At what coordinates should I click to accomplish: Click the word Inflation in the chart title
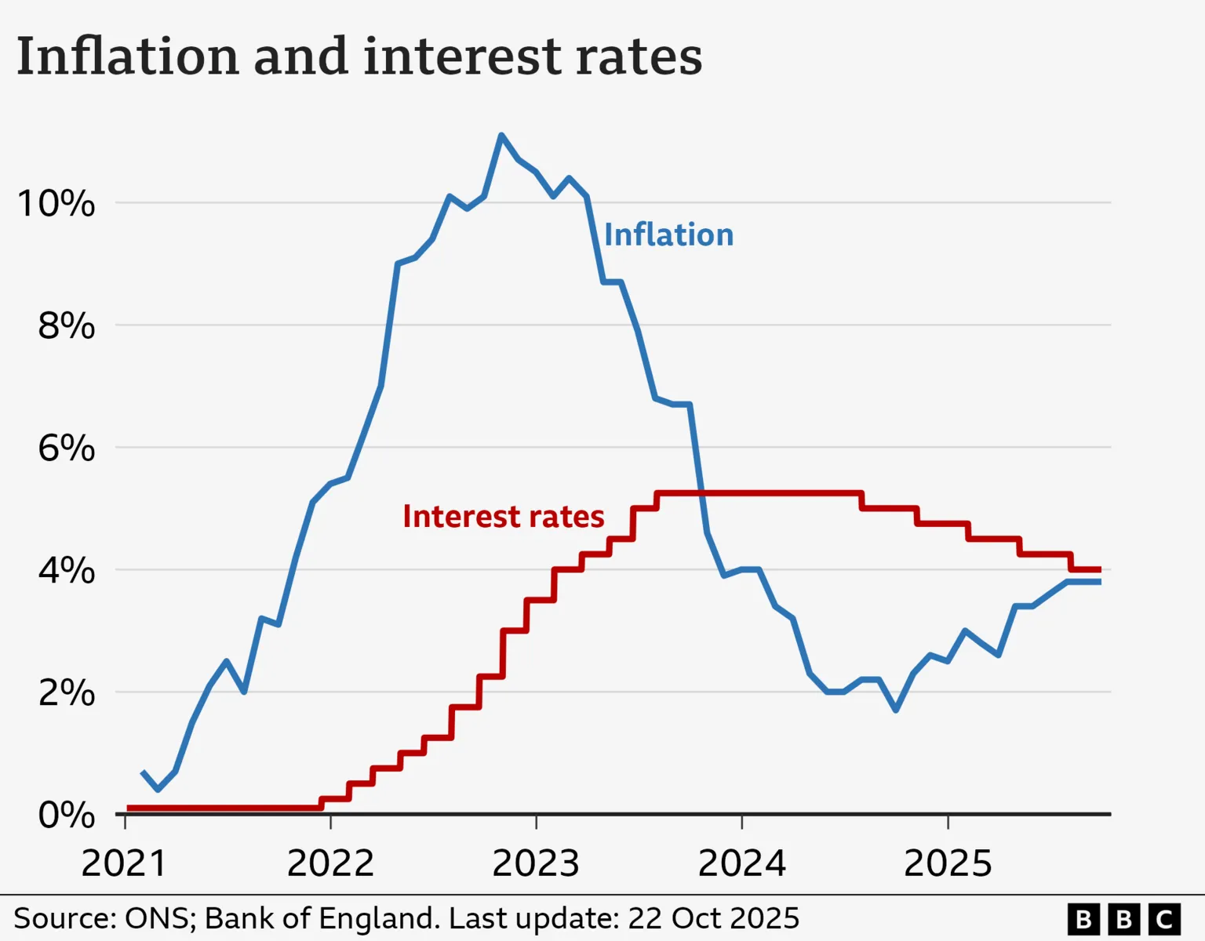point(127,56)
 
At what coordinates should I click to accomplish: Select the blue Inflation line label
point(668,234)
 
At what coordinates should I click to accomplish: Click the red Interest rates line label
point(503,516)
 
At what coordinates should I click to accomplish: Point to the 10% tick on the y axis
point(56,204)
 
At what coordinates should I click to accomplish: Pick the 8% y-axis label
point(66,325)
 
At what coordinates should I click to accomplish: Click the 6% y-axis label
point(66,448)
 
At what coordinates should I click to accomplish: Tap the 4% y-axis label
point(66,570)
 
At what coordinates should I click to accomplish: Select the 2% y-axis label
point(66,692)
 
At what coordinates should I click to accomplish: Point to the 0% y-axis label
point(66,815)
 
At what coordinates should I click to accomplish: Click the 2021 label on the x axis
point(124,863)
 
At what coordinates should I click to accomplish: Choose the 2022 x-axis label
point(330,863)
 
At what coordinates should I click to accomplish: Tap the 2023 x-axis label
point(536,863)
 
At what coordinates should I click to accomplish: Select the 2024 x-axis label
point(741,863)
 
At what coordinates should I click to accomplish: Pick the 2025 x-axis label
point(948,863)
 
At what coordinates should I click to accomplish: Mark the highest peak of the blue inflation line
point(501,136)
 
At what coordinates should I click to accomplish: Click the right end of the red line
point(1100,569)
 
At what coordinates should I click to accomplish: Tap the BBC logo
point(1123,918)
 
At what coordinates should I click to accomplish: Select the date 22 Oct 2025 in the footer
point(713,917)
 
